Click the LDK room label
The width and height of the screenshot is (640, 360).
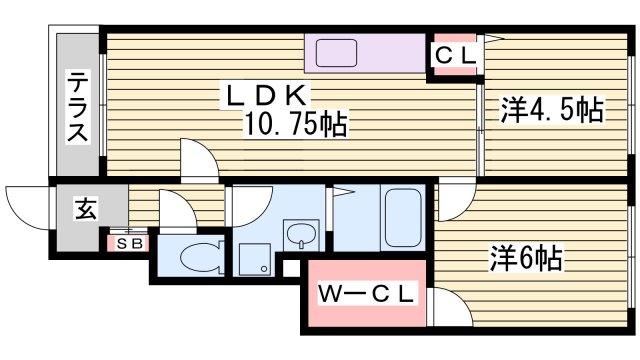(269, 96)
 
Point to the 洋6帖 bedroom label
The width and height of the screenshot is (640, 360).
(525, 259)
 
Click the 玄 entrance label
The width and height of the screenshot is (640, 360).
(86, 211)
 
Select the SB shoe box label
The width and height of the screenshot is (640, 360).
(129, 243)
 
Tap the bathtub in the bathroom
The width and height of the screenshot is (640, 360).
(406, 220)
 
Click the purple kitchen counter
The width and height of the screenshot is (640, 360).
(365, 53)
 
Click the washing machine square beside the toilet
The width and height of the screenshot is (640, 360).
(252, 258)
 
